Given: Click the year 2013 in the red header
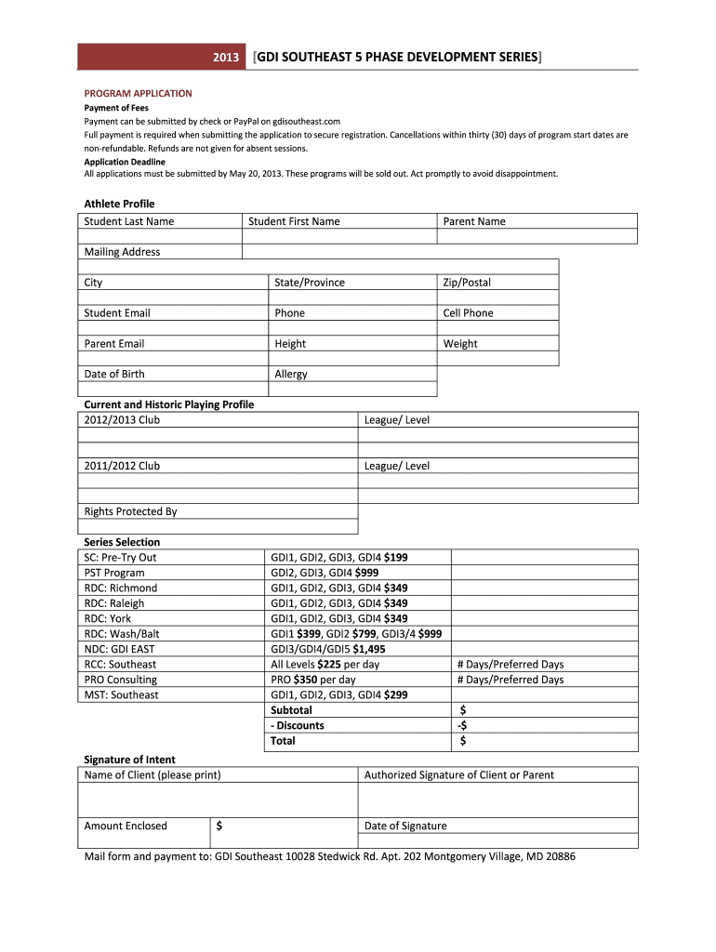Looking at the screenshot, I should tap(226, 58).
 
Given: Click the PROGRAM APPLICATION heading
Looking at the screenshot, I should tap(138, 94).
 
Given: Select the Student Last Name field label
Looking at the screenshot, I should tap(128, 221).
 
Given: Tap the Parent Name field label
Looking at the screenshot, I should tap(473, 221).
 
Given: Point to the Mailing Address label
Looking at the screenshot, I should tap(122, 252).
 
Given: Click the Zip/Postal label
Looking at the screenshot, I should tap(467, 283).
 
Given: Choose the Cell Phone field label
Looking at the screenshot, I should tap(468, 313).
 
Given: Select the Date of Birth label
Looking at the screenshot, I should tap(114, 375).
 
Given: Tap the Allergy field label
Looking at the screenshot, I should tap(291, 375).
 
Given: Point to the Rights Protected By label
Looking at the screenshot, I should tap(130, 512).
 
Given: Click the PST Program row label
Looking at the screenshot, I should tap(114, 573).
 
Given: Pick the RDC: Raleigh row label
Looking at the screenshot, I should tap(120, 603).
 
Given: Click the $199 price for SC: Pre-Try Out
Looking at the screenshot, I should tap(395, 558).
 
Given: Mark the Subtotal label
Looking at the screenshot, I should tap(291, 710).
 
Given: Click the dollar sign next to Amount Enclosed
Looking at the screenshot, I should tap(219, 826).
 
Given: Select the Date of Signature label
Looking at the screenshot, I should tap(405, 826).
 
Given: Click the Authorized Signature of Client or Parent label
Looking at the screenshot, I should tap(459, 774).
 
